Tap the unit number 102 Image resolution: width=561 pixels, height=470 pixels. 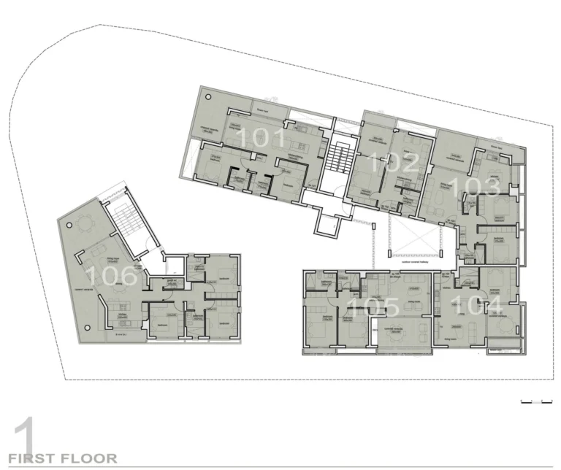pos(394,161)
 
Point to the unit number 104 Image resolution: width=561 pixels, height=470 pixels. pos(478,305)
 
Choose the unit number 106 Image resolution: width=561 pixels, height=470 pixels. pos(110,275)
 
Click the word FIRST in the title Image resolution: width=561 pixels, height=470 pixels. pos(33,458)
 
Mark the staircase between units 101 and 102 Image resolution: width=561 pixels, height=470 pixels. pos(337,156)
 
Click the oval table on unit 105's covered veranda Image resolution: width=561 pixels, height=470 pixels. pos(400,329)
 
